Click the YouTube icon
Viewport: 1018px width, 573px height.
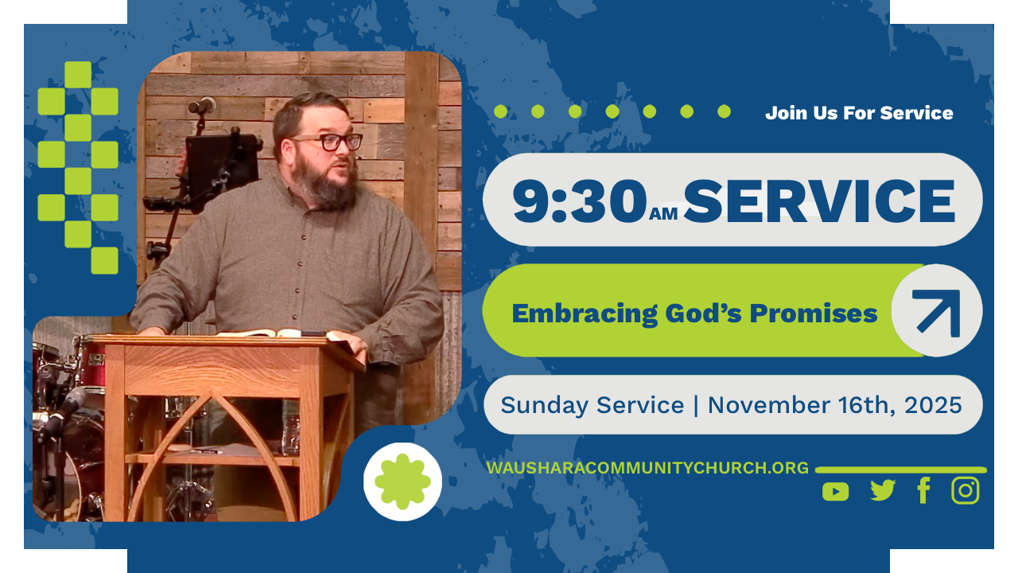[x=835, y=492]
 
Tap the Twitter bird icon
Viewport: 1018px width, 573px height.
[x=883, y=490]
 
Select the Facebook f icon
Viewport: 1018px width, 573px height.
[x=923, y=490]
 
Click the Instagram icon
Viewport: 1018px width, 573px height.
[x=966, y=490]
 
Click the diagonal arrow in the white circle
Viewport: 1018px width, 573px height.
[x=938, y=312]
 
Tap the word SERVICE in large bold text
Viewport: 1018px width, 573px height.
[x=819, y=201]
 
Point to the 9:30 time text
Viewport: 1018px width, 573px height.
[x=580, y=201]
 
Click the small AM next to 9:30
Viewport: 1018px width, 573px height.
[x=663, y=213]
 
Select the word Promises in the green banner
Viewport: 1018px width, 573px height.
[x=814, y=314]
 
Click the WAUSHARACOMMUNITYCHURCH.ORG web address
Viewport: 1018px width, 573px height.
[x=647, y=468]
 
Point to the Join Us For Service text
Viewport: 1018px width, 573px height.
[x=859, y=113]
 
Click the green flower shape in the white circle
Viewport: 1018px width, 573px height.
[x=402, y=481]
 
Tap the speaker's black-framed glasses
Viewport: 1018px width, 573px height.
[x=328, y=142]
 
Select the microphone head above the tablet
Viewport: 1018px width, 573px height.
[x=203, y=106]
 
